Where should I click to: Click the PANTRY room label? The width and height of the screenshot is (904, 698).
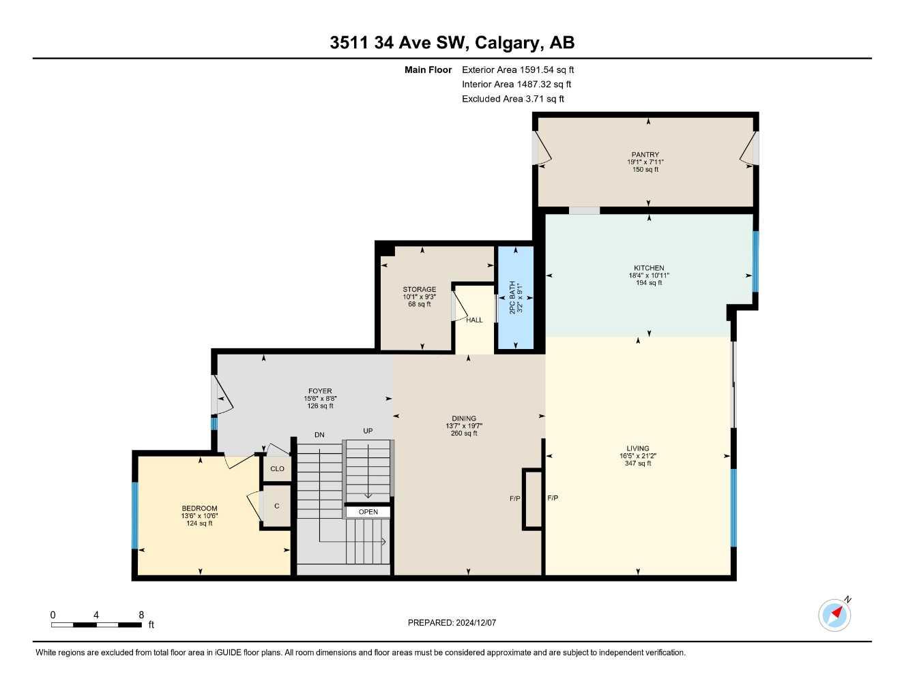645,155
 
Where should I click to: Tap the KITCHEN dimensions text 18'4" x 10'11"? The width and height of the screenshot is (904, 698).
649,275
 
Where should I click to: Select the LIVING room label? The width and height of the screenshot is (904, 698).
638,449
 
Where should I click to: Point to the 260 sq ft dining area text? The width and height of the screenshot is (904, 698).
464,434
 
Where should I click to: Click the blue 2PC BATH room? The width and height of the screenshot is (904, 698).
516,297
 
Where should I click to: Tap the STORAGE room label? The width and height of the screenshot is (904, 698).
420,289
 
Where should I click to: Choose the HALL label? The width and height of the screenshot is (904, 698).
474,320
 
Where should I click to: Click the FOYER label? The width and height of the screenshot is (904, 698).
320,391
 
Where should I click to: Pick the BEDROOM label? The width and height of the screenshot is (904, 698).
199,508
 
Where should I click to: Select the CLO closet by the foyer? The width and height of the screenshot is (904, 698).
277,469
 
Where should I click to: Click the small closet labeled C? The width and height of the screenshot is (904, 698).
277,506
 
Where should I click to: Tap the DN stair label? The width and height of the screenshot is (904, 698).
319,435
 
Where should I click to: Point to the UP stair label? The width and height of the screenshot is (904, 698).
368,431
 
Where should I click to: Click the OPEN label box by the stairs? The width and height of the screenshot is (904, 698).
368,512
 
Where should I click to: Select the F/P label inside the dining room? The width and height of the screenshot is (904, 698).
515,498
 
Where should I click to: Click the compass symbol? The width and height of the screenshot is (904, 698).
834,615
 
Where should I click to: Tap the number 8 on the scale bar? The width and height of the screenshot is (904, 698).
141,615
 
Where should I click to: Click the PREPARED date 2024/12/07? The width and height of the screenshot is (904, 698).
476,623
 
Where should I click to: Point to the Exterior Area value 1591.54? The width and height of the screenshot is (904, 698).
537,70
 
